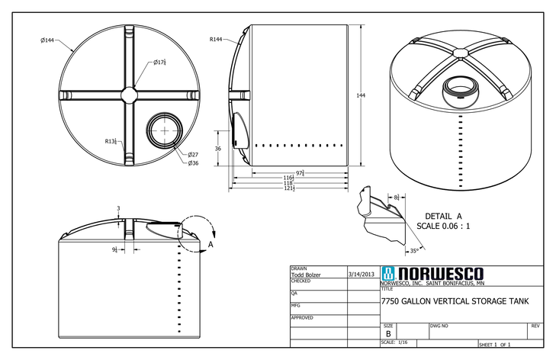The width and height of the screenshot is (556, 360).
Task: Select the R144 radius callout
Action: click(217, 39)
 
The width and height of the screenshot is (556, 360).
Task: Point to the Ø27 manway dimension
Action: click(193, 154)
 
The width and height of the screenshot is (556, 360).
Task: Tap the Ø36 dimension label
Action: click(193, 162)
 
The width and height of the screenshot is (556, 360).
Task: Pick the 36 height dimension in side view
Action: click(217, 149)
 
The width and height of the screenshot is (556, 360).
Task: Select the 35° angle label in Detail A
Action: click(414, 250)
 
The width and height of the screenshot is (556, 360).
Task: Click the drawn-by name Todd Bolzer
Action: click(307, 275)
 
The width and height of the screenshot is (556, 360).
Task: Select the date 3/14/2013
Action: click(360, 273)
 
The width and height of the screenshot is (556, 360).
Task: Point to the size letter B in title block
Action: click(388, 334)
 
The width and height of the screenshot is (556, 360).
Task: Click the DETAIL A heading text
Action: click(443, 217)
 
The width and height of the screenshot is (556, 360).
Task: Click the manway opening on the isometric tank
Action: click(461, 85)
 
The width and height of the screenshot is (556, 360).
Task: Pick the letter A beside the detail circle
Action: click(210, 244)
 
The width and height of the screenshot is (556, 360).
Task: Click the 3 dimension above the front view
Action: click(118, 207)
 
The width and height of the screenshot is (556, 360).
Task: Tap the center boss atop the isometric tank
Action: click(461, 53)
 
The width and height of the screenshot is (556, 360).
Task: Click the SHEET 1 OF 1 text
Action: click(495, 345)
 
